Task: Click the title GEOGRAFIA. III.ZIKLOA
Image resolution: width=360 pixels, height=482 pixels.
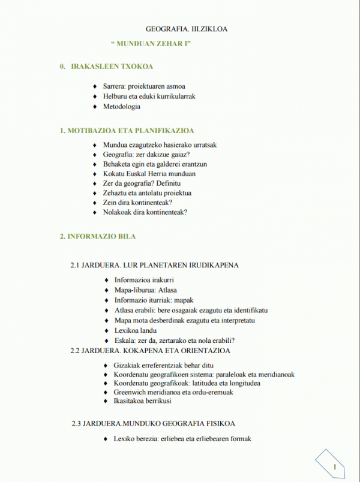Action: (187, 29)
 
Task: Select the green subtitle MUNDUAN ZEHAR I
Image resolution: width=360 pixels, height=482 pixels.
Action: (151, 45)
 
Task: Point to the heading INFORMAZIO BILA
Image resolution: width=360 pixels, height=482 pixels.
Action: (98, 236)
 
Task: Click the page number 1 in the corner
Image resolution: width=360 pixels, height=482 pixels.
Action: (334, 466)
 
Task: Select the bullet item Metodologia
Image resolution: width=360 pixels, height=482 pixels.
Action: (121, 107)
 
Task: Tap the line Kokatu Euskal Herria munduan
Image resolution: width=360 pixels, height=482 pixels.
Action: (149, 174)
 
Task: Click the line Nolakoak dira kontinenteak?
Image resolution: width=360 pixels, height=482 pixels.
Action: (145, 212)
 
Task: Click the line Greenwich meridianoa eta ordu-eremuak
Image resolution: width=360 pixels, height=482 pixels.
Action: (173, 392)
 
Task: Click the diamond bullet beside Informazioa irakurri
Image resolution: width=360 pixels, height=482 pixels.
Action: (106, 281)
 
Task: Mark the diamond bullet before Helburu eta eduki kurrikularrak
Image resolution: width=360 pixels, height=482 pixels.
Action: (95, 97)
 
